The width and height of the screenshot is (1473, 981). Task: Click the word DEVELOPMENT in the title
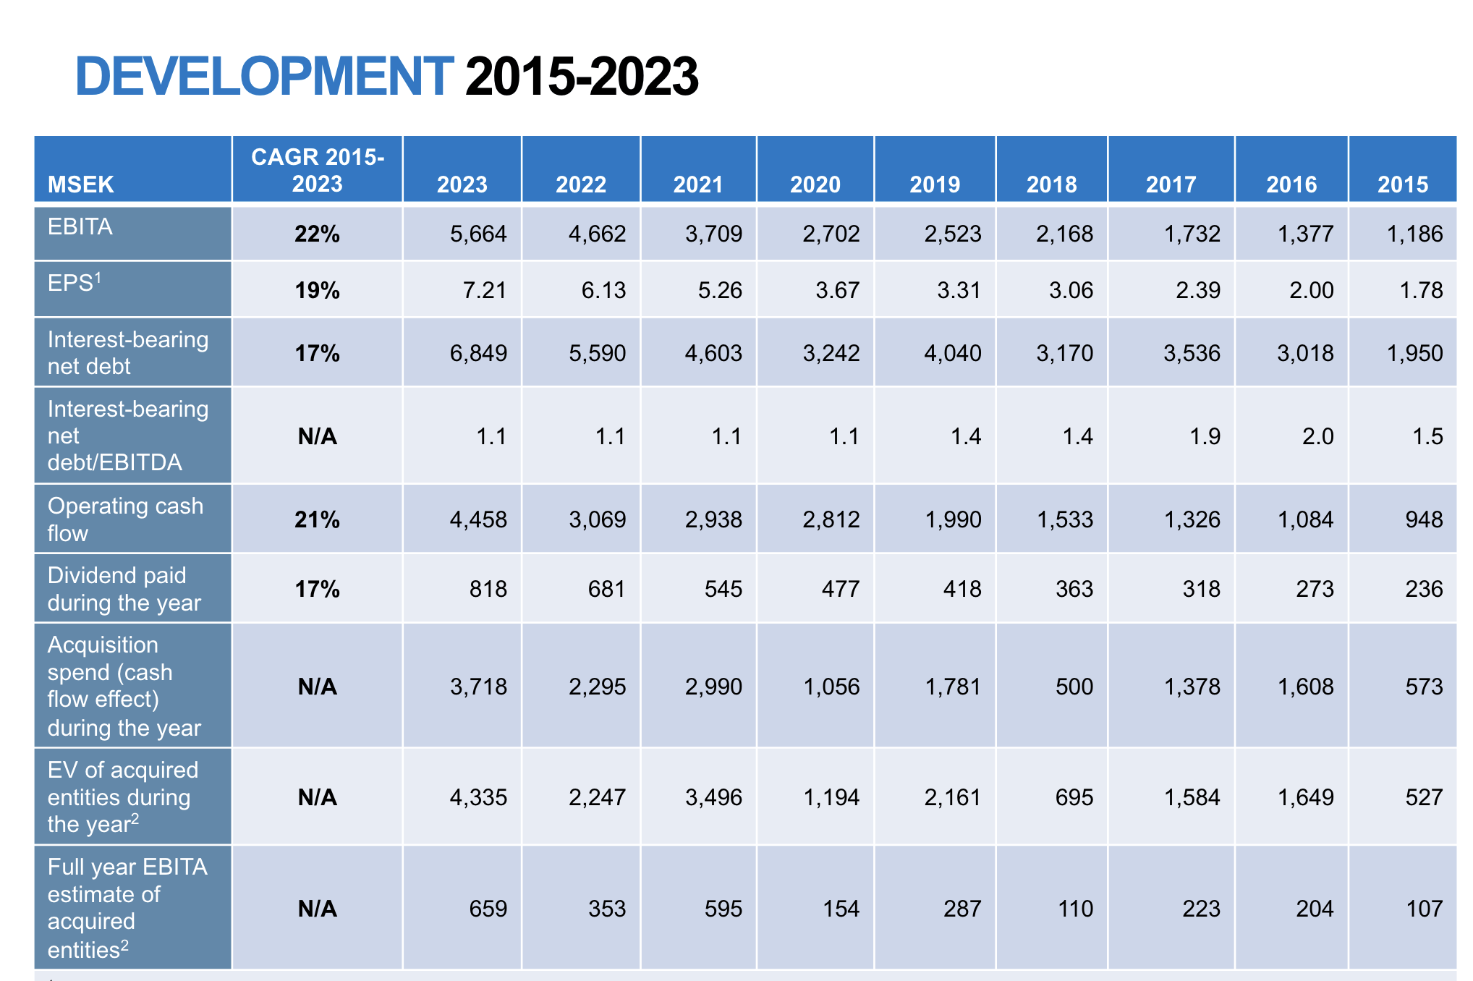point(264,77)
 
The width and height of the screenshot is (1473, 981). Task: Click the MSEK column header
point(80,184)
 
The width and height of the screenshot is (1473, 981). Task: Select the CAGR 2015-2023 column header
point(317,170)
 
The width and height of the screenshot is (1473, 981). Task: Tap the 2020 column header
point(815,184)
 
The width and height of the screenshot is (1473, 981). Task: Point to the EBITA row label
point(80,226)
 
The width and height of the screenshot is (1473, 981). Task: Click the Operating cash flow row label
point(125,519)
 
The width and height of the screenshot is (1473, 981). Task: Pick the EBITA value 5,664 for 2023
point(478,234)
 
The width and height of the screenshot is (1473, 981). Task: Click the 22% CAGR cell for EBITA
point(317,234)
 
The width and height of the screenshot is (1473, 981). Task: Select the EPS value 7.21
point(485,290)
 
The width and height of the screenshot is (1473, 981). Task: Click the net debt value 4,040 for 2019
point(953,353)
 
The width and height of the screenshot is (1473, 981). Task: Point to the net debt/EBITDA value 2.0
point(1317,436)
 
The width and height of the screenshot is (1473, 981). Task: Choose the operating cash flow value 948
point(1424,519)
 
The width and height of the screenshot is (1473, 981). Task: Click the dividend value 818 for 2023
point(488,589)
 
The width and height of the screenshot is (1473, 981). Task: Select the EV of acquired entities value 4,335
point(478,797)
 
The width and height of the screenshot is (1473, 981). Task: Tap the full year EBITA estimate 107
point(1424,908)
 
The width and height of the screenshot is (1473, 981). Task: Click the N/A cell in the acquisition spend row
point(317,686)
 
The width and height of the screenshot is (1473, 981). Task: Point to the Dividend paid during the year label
point(124,589)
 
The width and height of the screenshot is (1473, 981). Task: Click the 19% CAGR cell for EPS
point(317,290)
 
